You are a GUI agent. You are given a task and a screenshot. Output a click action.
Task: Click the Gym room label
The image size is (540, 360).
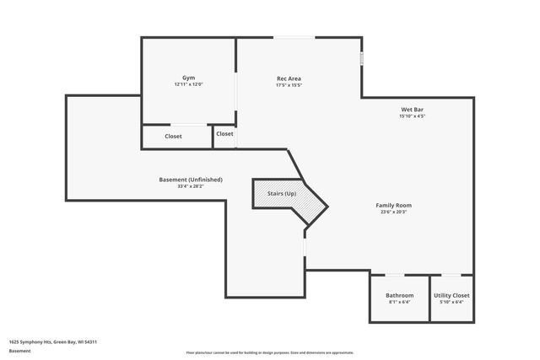[x=188, y=78]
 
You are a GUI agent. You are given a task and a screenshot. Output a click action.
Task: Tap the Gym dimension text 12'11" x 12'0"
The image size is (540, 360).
[x=188, y=84]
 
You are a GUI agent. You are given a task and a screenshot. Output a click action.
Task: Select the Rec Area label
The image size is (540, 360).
[x=289, y=78]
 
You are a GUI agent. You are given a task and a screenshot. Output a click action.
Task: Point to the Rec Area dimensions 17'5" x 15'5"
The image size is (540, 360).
[x=289, y=85]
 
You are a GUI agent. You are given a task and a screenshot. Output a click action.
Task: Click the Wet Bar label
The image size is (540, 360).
[x=412, y=110]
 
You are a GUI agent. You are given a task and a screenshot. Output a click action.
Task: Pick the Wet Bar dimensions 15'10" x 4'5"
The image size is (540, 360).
[x=412, y=116]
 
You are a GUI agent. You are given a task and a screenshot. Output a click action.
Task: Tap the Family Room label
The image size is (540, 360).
[x=393, y=205]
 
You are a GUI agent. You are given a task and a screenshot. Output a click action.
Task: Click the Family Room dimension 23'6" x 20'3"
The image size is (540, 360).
[x=393, y=212]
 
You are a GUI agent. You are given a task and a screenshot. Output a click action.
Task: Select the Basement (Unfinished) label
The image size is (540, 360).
[x=191, y=179]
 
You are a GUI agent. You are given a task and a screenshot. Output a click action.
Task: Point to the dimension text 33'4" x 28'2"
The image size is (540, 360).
[x=191, y=185]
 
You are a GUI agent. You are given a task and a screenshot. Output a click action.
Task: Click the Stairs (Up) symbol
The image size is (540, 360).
[x=282, y=195]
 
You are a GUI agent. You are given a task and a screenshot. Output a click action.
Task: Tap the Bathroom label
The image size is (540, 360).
[x=399, y=295]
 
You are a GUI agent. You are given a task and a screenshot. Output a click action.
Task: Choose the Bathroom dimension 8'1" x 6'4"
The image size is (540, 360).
[x=399, y=302]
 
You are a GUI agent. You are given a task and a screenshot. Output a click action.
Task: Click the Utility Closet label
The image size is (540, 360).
[x=451, y=295]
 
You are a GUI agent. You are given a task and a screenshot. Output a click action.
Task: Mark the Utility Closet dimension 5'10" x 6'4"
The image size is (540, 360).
[x=451, y=302]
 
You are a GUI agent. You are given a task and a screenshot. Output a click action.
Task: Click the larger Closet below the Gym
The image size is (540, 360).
[x=173, y=136]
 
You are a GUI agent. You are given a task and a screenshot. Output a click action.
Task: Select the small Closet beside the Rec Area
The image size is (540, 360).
[x=224, y=134]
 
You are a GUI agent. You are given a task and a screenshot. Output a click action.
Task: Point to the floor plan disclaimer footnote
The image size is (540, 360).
[x=269, y=352]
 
